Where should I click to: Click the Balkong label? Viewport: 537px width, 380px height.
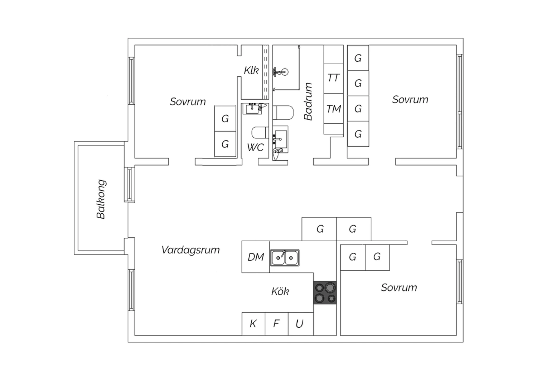(x=101, y=199)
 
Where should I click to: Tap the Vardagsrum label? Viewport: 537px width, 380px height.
(x=190, y=250)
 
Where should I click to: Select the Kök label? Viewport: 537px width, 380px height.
(x=280, y=291)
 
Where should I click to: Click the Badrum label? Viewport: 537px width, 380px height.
(x=308, y=101)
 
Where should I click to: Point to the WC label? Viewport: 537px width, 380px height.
(x=256, y=147)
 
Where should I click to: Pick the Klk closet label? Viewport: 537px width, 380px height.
(x=251, y=71)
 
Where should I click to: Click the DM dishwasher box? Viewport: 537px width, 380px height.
(x=256, y=257)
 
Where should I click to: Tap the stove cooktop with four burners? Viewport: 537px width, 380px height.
(x=325, y=293)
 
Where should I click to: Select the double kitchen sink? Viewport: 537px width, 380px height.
(x=285, y=258)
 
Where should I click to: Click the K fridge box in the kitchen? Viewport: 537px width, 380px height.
(x=253, y=324)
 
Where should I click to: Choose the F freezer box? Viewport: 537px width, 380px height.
(x=276, y=324)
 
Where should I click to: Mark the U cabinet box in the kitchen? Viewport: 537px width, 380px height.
(x=301, y=324)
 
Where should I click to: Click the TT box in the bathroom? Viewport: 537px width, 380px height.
(x=333, y=78)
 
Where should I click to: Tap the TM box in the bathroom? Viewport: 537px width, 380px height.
(x=333, y=109)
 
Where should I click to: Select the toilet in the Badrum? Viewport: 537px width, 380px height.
(x=283, y=113)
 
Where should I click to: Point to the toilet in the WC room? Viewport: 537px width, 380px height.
(x=260, y=133)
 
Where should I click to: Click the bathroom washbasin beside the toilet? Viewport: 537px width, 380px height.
(x=280, y=139)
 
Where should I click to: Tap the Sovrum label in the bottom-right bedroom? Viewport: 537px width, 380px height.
(x=399, y=288)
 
